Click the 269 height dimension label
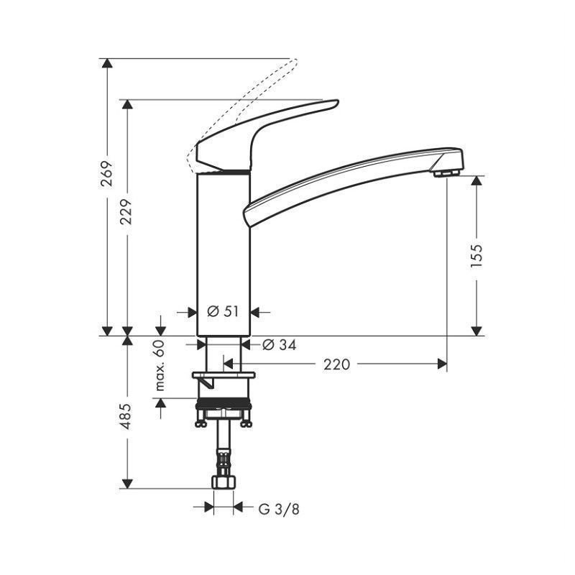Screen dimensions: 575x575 [x=106, y=174]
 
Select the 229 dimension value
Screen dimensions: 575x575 [x=126, y=212]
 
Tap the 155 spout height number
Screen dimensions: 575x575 [x=477, y=256]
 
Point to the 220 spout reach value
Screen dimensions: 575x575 [x=336, y=364]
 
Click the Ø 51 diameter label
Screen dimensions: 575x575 [x=223, y=312]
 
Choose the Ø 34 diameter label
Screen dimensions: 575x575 [x=280, y=345]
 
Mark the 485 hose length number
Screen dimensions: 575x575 [x=126, y=416]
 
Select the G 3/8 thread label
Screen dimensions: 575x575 [x=279, y=510]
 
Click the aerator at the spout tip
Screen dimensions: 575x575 [x=446, y=173]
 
